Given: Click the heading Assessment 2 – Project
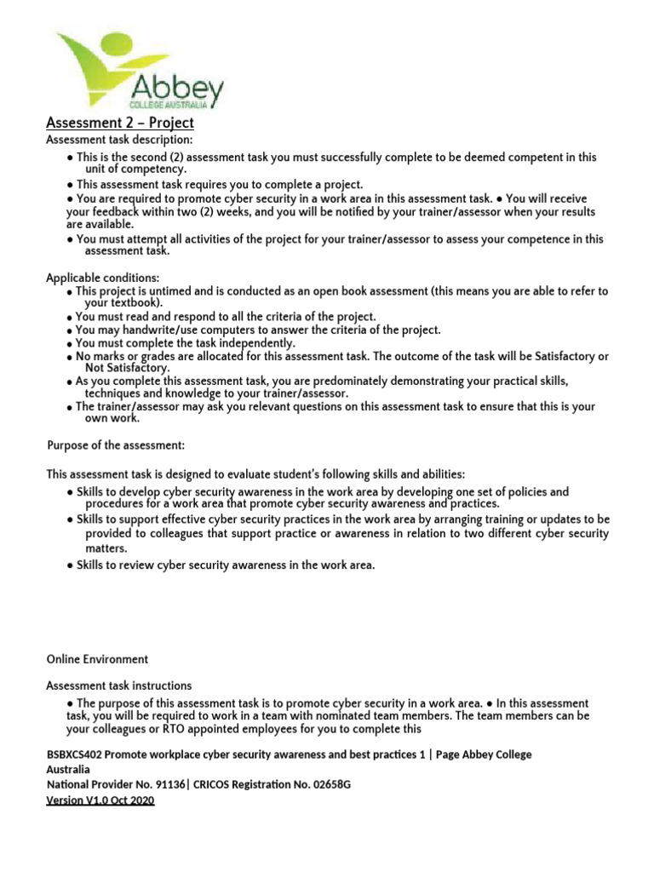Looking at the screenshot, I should tap(120, 123).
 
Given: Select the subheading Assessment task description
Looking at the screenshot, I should tap(119, 140).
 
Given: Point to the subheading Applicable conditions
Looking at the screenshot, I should tap(102, 278).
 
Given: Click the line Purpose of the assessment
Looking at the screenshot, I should tap(115, 445).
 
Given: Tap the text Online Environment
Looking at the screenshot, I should tap(97, 659).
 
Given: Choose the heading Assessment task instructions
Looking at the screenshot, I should tap(118, 686).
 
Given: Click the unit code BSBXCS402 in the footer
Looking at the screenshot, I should tap(75, 754).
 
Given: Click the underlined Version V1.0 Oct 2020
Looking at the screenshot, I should tap(100, 800).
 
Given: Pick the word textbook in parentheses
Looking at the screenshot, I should tap(135, 302).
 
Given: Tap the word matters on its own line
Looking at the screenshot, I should tap(106, 549).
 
